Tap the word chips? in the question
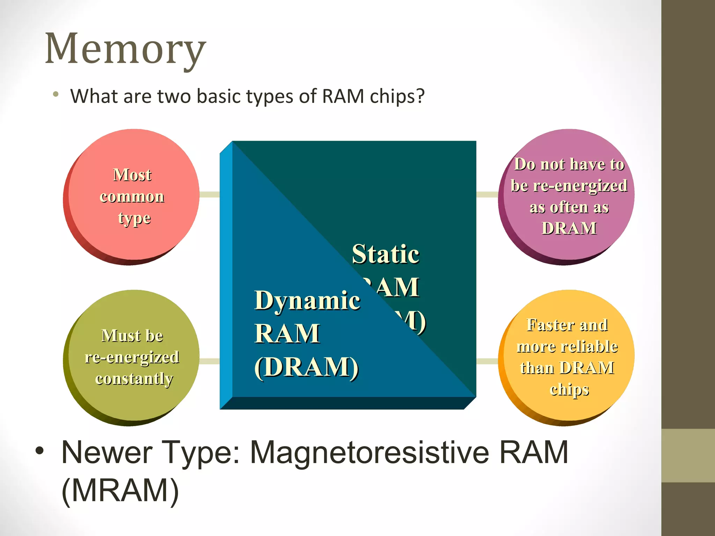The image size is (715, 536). click(x=397, y=97)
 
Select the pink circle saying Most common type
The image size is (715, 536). click(x=132, y=196)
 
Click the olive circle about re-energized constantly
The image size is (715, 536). click(x=132, y=358)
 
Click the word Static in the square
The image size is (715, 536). click(x=385, y=254)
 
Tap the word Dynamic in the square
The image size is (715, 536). click(x=307, y=301)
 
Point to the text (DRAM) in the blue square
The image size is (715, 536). click(x=306, y=367)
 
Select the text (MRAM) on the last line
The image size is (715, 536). click(x=120, y=490)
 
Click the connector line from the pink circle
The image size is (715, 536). click(x=209, y=194)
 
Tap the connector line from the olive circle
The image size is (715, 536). click(x=209, y=361)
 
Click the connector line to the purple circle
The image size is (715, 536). click(x=487, y=194)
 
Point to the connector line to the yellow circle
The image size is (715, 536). click(x=487, y=361)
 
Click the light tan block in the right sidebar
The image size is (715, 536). click(x=688, y=455)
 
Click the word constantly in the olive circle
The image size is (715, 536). click(x=134, y=379)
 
